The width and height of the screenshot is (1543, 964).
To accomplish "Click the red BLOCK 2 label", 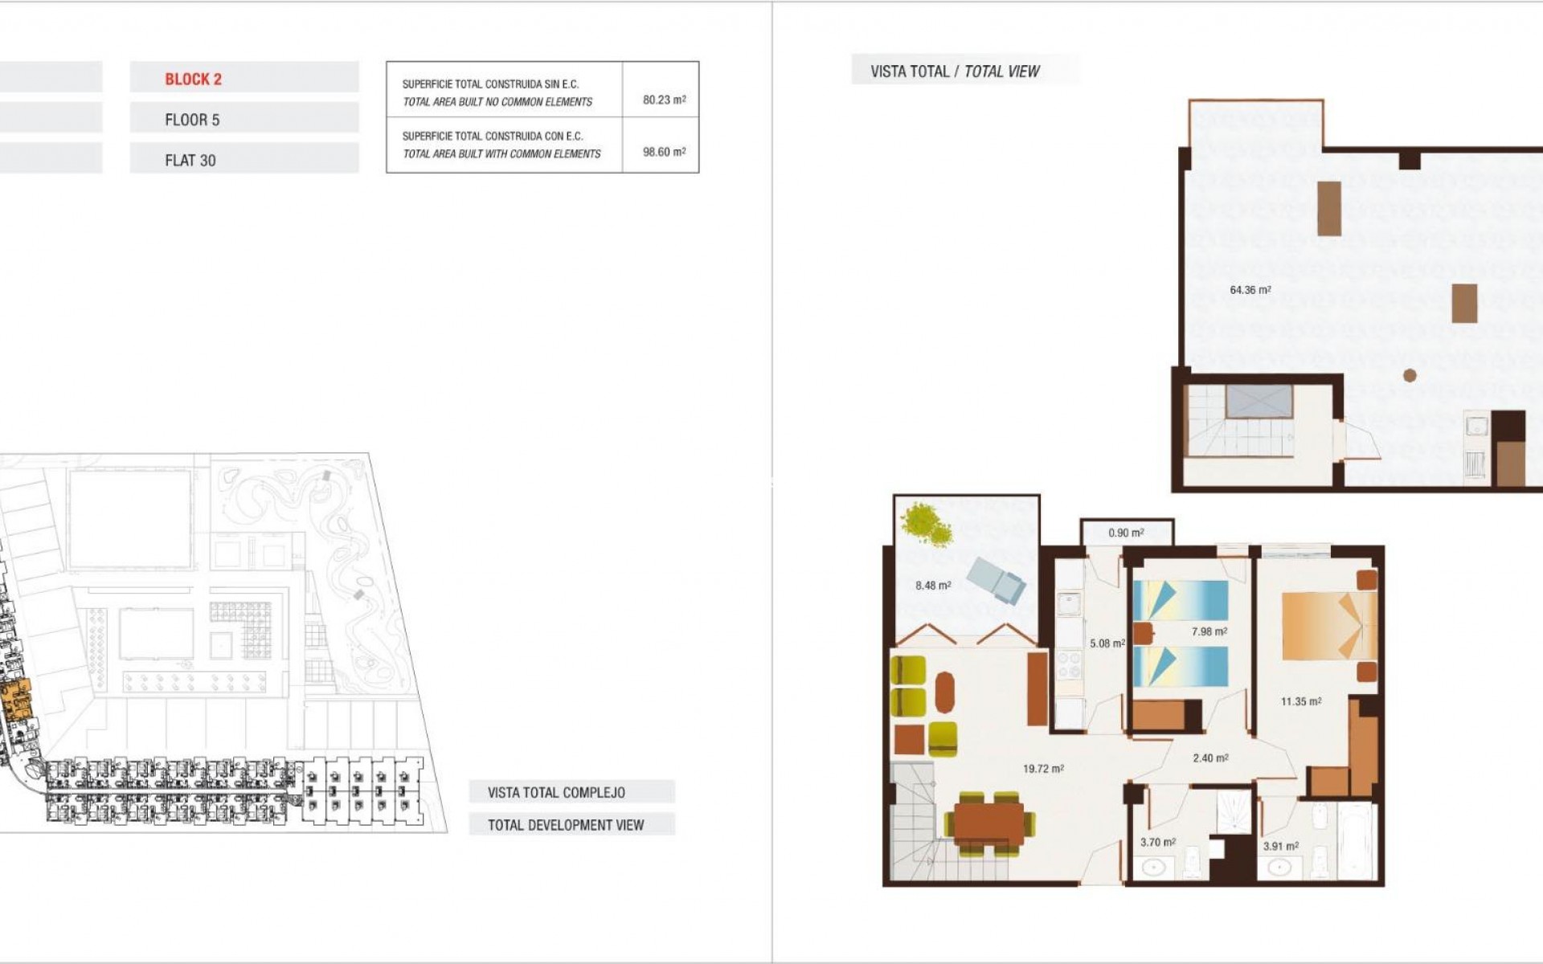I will tap(193, 79).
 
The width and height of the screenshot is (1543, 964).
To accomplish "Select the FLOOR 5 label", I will tap(192, 120).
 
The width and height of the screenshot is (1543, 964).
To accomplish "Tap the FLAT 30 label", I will tap(190, 161).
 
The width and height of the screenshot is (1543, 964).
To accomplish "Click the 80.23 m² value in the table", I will tap(664, 100).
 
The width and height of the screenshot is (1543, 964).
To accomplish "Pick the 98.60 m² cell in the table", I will tap(664, 152).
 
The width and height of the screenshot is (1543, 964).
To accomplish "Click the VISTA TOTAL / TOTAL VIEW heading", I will tap(955, 71).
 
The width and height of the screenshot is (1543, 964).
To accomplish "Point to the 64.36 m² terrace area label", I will tap(1250, 290).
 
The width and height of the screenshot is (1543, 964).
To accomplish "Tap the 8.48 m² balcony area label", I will tap(933, 586).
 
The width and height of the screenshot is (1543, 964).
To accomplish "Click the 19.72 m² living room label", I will tap(1043, 769).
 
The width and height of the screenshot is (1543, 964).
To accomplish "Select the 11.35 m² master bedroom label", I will tap(1300, 701).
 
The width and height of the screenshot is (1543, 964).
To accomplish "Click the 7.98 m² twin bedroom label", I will tap(1209, 631).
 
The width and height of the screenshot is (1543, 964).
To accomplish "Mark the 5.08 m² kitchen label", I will tap(1107, 643).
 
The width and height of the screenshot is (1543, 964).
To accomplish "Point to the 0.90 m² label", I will tap(1126, 533).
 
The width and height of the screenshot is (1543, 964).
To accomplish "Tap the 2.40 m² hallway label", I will tap(1210, 758).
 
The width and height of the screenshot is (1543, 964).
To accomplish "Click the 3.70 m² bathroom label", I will tap(1157, 842).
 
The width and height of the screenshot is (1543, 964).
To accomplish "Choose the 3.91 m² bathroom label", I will tap(1280, 846).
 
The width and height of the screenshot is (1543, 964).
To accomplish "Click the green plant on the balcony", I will tap(926, 525).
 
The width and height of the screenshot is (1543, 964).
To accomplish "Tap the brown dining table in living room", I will tap(988, 823).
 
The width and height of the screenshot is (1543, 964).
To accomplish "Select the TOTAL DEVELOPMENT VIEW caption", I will tap(566, 825).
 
